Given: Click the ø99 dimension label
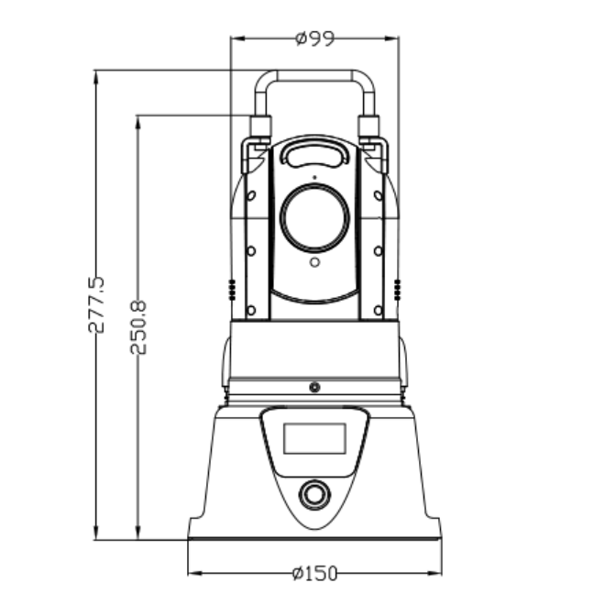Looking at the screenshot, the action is coord(314,38).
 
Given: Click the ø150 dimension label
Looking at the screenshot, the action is coord(314,573).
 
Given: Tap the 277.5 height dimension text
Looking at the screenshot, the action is coord(96,305).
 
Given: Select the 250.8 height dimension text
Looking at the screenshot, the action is coord(138,327).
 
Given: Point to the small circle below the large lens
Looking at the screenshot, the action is coord(314,262).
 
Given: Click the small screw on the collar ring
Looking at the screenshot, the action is coord(314,387).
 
